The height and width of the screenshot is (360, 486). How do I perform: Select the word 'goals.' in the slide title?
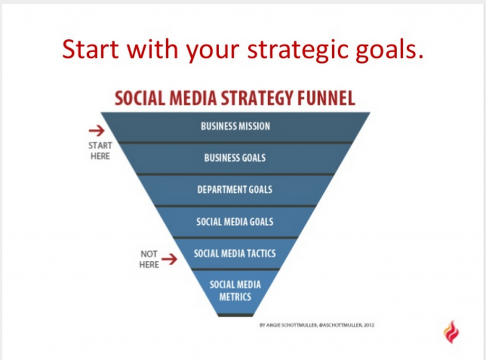click(x=389, y=50)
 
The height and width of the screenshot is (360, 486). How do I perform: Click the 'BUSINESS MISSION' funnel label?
click(x=235, y=126)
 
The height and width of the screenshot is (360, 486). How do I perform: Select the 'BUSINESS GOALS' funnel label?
click(x=235, y=158)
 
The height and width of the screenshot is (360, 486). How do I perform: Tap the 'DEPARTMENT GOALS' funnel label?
click(x=235, y=189)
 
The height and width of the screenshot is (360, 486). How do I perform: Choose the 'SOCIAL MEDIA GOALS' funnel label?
click(x=235, y=222)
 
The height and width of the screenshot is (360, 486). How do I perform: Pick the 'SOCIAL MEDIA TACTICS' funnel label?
click(x=234, y=253)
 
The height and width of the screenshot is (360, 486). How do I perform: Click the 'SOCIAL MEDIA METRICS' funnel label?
click(x=235, y=291)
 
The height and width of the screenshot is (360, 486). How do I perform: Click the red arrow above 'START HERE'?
click(x=97, y=131)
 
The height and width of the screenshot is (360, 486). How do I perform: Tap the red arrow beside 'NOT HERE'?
click(x=169, y=259)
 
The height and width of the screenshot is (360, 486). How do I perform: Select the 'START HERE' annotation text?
click(x=100, y=151)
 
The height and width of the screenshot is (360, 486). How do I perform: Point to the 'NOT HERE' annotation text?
click(x=149, y=259)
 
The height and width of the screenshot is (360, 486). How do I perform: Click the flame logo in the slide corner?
click(x=452, y=332)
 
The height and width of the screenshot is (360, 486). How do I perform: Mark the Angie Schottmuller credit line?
click(x=317, y=325)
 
